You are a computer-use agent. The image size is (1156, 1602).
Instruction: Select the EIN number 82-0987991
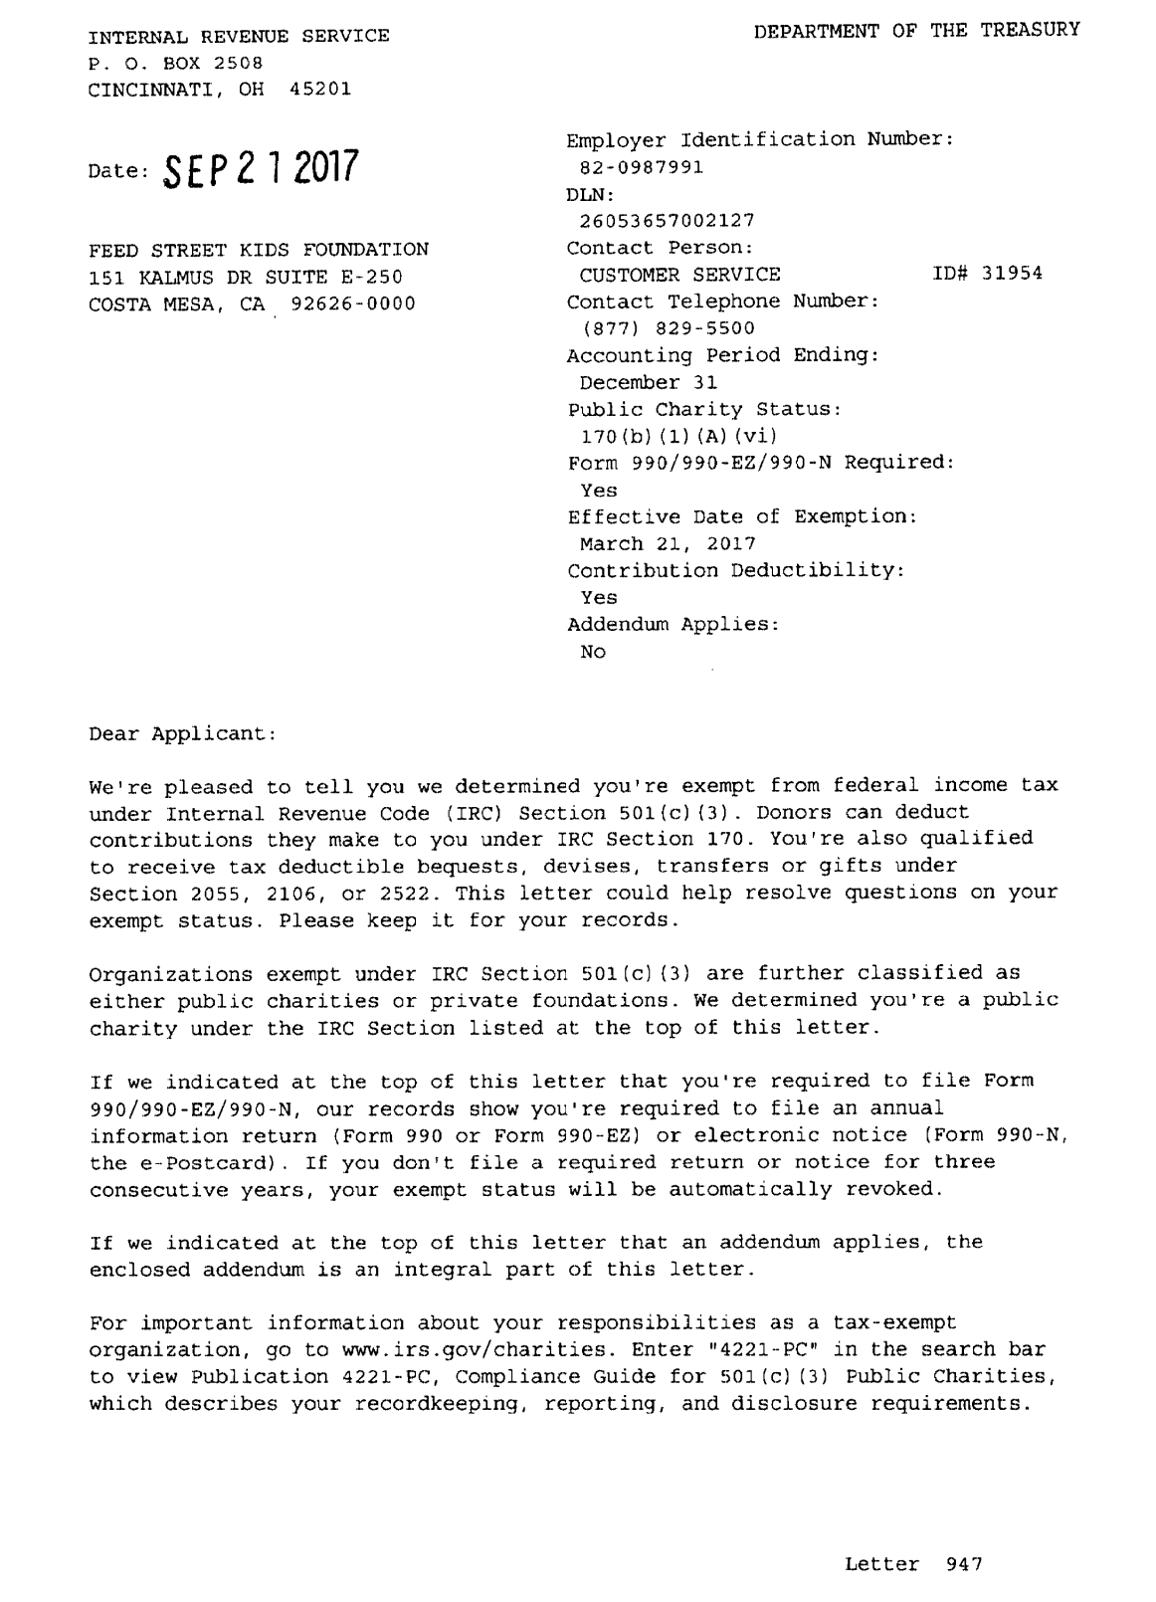tap(642, 167)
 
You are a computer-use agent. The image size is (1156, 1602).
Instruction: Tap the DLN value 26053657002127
tap(668, 221)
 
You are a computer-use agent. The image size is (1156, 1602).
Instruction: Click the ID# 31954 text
tap(988, 274)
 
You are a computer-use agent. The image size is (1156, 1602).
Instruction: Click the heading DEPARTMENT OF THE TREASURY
tap(916, 31)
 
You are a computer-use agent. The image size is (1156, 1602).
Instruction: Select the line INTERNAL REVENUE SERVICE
tap(239, 37)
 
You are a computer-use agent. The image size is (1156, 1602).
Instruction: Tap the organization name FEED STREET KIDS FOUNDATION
tap(259, 249)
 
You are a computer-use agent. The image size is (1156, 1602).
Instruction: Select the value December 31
tap(649, 383)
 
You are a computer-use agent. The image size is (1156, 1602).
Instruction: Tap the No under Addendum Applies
tap(593, 653)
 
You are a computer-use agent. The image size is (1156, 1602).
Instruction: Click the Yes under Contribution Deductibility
tap(599, 598)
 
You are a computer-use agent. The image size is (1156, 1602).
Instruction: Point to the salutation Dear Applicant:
tap(182, 733)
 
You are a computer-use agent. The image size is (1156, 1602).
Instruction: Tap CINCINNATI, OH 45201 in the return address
tap(220, 90)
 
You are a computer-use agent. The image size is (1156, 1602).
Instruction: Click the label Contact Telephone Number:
tap(723, 301)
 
